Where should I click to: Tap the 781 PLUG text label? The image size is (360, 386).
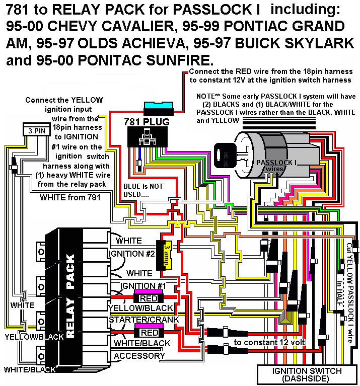(x=147, y=122)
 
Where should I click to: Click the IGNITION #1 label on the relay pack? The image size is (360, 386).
(x=131, y=286)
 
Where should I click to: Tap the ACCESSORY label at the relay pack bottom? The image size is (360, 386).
(x=139, y=356)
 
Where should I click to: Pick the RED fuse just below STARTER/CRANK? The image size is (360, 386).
(x=148, y=333)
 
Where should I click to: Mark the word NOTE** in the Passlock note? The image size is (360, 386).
(x=208, y=96)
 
